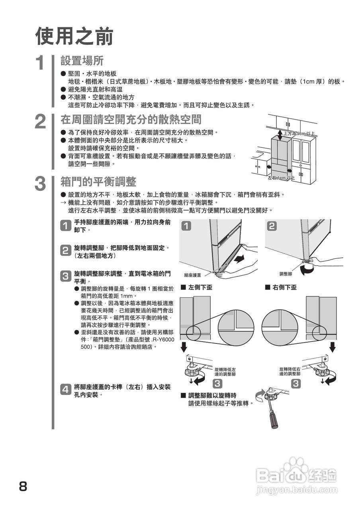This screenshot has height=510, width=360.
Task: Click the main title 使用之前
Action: tap(74, 37)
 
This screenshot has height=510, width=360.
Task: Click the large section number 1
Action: tap(41, 63)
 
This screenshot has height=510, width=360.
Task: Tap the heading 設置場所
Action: tap(82, 61)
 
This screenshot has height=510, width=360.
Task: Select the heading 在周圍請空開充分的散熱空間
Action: tap(131, 119)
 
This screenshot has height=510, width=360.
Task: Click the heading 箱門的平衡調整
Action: tap(98, 182)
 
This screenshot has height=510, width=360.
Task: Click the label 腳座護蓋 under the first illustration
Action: tap(192, 275)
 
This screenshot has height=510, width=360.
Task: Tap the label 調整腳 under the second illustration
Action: tap(286, 274)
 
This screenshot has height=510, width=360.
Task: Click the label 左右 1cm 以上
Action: tap(281, 178)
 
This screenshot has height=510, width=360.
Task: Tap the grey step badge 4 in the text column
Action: tap(65, 389)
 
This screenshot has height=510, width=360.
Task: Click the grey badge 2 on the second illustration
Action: tap(272, 226)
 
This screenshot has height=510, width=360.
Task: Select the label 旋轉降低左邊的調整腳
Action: tap(225, 372)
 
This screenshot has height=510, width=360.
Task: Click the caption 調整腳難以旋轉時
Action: tap(212, 396)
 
